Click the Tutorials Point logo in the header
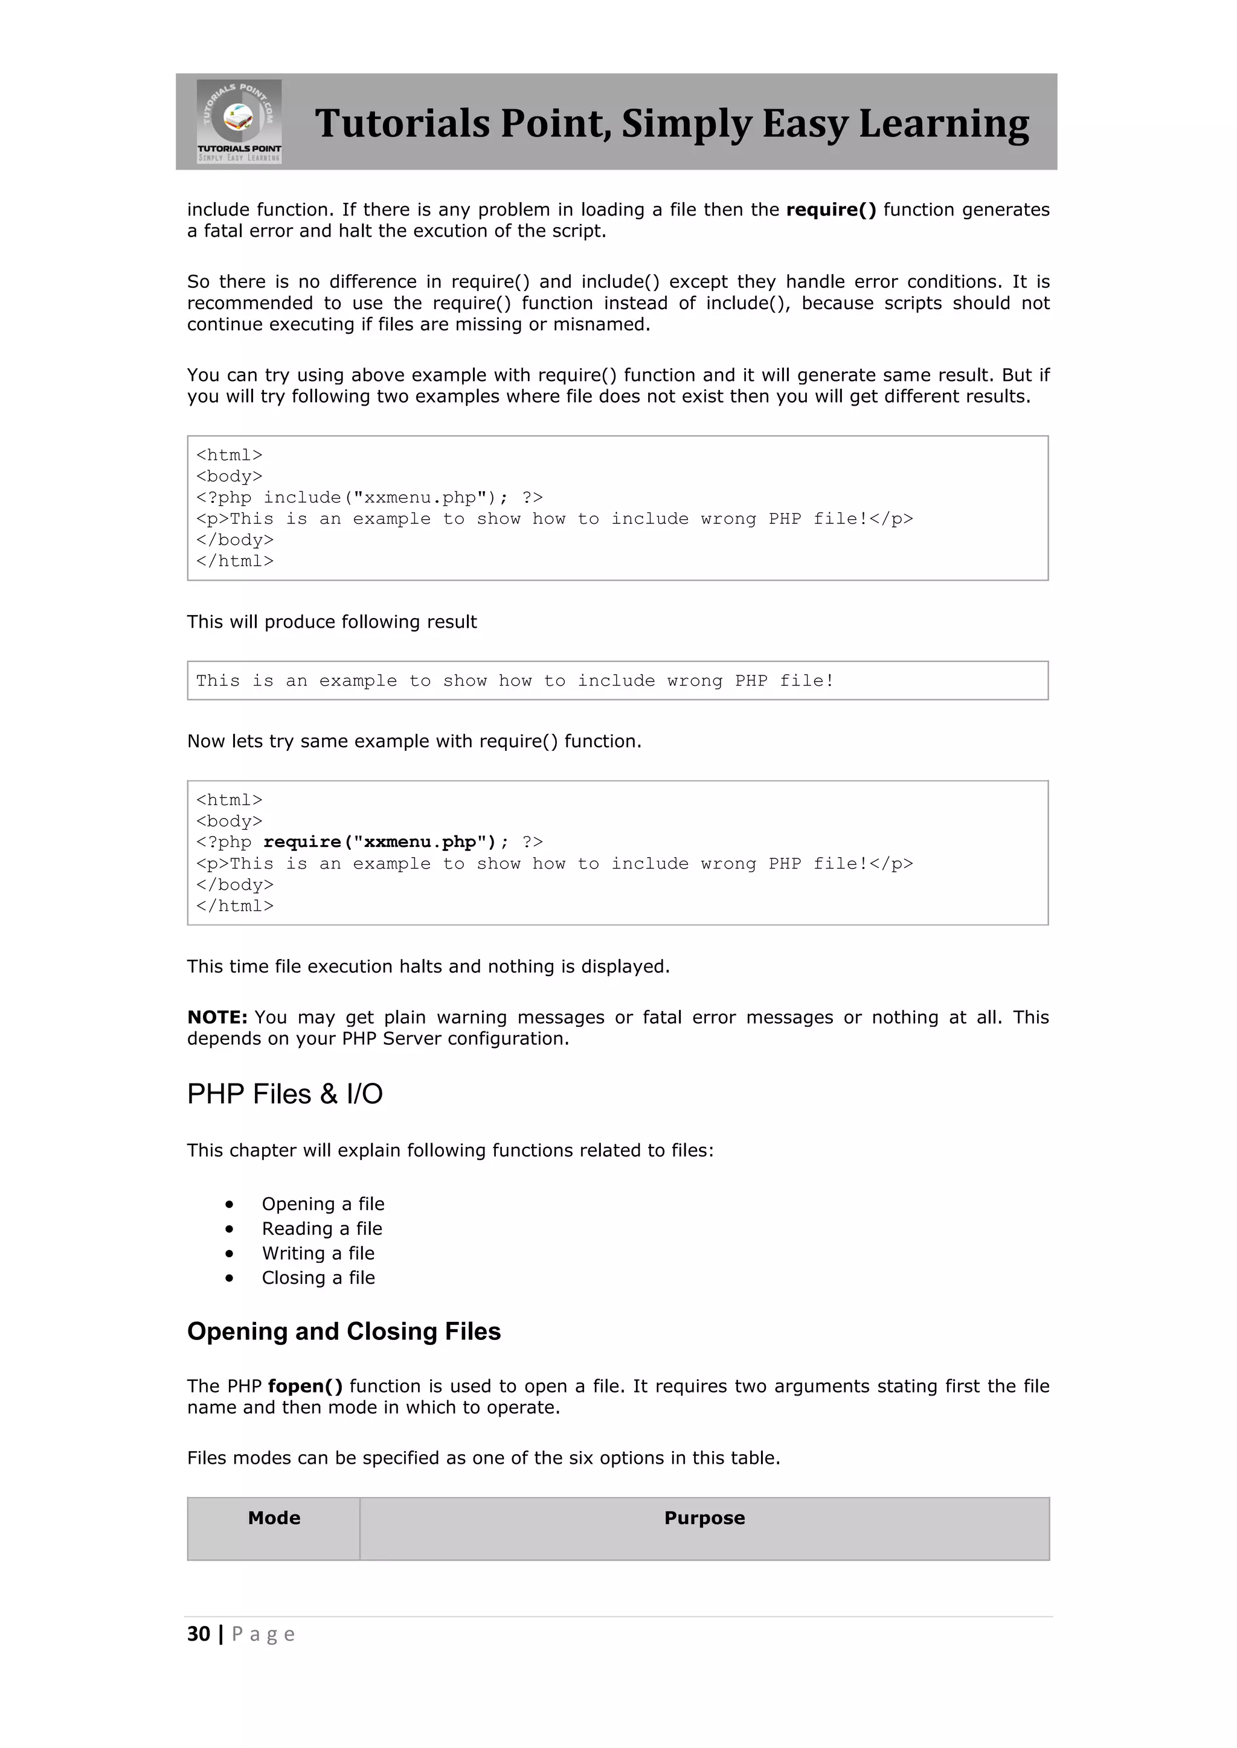coord(239,121)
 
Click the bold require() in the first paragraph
coord(831,209)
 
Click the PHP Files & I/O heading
coord(285,1094)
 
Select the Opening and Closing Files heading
coord(344,1331)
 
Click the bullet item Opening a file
coord(323,1204)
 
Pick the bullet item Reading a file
coord(322,1228)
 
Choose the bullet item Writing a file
coord(318,1253)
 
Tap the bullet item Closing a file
coord(318,1278)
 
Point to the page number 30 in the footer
coord(199,1634)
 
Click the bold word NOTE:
coord(217,1017)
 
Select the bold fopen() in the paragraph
coord(304,1386)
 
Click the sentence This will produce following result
coord(332,622)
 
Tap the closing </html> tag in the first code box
coord(234,561)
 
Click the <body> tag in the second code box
coord(230,821)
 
